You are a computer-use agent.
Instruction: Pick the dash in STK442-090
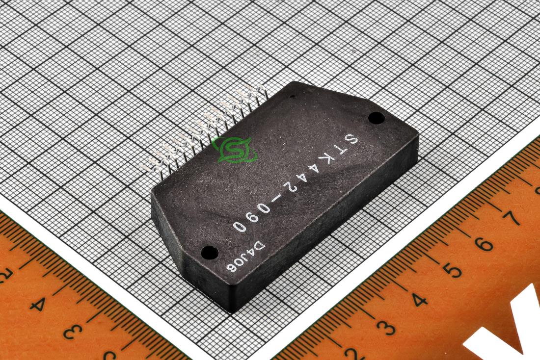tap(276, 199)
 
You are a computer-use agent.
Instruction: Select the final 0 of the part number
tap(240, 227)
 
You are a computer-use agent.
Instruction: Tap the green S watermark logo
tap(234, 150)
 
